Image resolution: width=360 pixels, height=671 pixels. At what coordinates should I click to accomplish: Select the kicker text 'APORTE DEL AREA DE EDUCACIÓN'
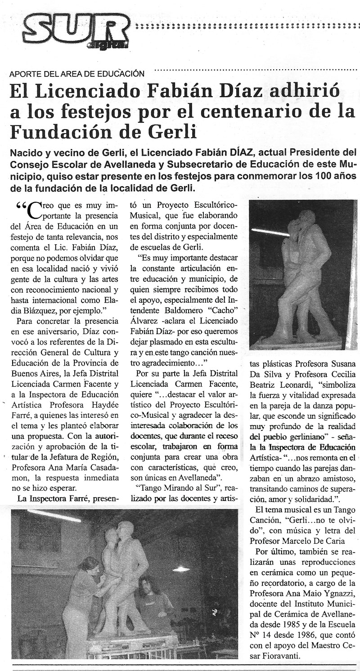(x=77, y=73)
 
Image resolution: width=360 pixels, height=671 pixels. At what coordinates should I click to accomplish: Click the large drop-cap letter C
(x=34, y=210)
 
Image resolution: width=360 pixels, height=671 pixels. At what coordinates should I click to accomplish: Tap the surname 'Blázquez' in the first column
(x=33, y=310)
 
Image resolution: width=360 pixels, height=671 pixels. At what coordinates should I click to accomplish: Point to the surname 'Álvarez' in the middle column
(x=145, y=323)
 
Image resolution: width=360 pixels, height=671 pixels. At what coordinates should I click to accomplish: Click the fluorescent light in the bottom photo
(x=54, y=516)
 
